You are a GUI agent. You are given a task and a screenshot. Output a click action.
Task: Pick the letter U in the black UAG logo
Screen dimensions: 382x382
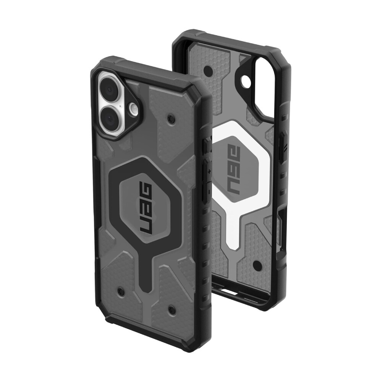point(146,228)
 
